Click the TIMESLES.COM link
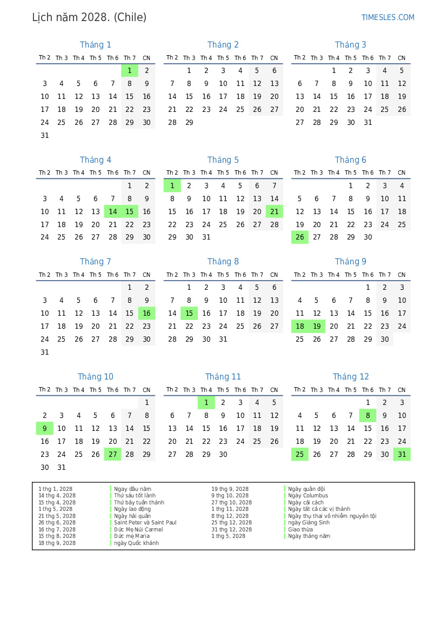pyautogui.click(x=388, y=17)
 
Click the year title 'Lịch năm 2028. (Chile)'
pyautogui.click(x=89, y=17)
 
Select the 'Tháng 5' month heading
pyautogui.click(x=223, y=160)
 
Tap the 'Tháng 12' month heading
pyautogui.click(x=351, y=377)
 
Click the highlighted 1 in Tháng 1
pyautogui.click(x=130, y=71)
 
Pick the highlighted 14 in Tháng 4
pyautogui.click(x=112, y=212)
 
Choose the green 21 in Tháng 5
pyautogui.click(x=274, y=212)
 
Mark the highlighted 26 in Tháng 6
pyautogui.click(x=300, y=237)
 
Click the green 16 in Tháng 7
pyautogui.click(x=146, y=314)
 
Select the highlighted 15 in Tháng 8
pyautogui.click(x=189, y=314)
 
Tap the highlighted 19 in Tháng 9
pyautogui.click(x=317, y=327)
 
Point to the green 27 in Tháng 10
pyautogui.click(x=112, y=455)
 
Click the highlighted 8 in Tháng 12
pyautogui.click(x=368, y=416)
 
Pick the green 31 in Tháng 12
pyautogui.click(x=402, y=455)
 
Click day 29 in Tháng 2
pyautogui.click(x=189, y=123)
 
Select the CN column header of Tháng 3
pyautogui.click(x=402, y=58)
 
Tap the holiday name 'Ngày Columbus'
pyautogui.click(x=308, y=496)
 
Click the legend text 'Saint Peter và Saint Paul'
pyautogui.click(x=145, y=523)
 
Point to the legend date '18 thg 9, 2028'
pyautogui.click(x=57, y=543)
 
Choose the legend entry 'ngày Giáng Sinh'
pyautogui.click(x=309, y=523)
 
